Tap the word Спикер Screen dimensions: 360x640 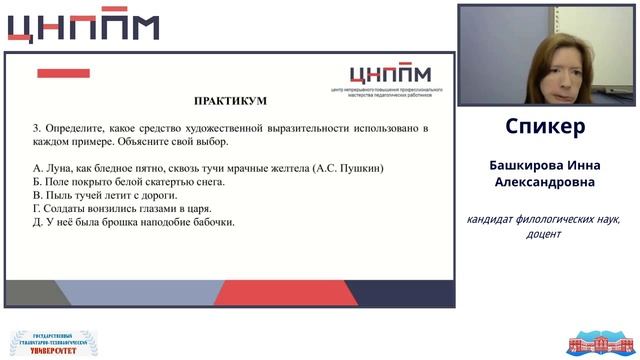[x=545, y=127]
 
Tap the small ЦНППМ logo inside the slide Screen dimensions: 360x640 [x=389, y=74]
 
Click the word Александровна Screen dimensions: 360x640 [x=545, y=183]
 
